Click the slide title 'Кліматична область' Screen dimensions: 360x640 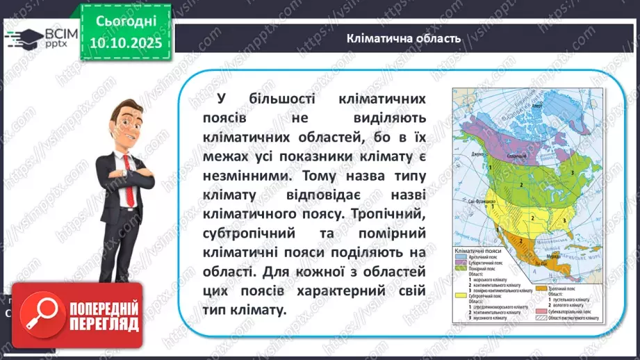click(403, 38)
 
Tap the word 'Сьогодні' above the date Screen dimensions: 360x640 click(127, 23)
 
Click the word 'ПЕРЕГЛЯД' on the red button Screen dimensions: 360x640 click(104, 325)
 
